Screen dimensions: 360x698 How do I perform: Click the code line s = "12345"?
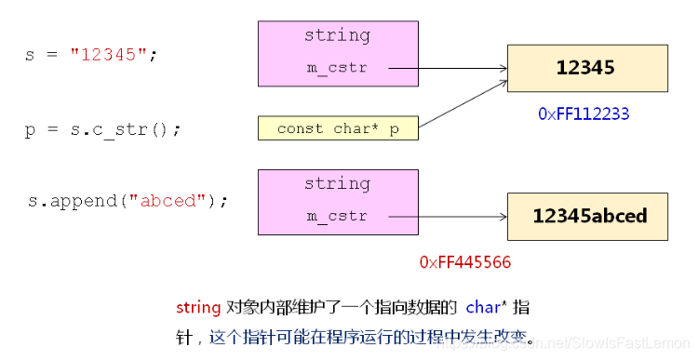click(91, 55)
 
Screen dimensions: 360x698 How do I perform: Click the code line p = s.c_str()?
click(102, 129)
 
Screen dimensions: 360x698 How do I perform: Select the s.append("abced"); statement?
click(128, 200)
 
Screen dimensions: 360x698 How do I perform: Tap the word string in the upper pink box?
click(337, 35)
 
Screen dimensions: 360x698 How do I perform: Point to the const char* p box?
click(338, 129)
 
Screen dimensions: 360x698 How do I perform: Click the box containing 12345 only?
click(586, 67)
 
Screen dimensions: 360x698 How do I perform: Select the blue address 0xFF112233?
click(584, 113)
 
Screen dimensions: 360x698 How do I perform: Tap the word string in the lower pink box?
click(337, 183)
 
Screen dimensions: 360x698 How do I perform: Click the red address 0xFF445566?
click(465, 262)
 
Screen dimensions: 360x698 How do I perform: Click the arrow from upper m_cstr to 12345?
click(447, 68)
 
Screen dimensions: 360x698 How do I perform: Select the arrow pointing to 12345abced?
click(447, 217)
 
